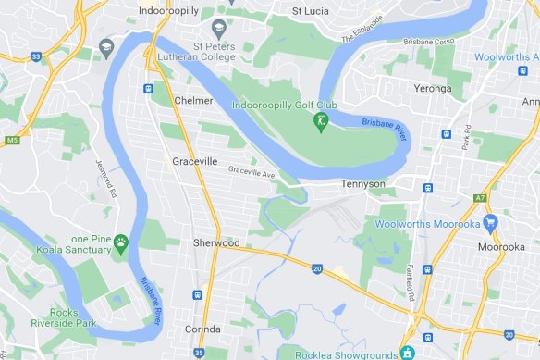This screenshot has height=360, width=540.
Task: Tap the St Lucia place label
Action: [x=310, y=11]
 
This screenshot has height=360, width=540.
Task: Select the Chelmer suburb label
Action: [x=192, y=100]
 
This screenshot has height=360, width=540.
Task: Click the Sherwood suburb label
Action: [x=215, y=242]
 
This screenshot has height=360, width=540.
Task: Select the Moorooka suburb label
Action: [x=500, y=247]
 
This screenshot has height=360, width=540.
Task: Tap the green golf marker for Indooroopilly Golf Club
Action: [x=322, y=121]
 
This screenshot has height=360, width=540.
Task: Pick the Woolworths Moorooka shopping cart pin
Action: [x=490, y=222]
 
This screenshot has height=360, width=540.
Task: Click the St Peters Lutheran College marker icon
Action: [x=219, y=28]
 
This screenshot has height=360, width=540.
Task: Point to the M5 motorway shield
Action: [x=11, y=140]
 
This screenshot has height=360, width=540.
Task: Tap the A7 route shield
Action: [x=480, y=198]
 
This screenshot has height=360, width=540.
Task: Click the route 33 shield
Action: [x=35, y=56]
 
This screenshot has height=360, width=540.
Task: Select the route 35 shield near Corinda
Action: [x=199, y=353]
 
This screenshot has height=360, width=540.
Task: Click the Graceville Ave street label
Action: [x=252, y=171]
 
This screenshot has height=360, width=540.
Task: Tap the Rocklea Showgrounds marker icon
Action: [x=406, y=352]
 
